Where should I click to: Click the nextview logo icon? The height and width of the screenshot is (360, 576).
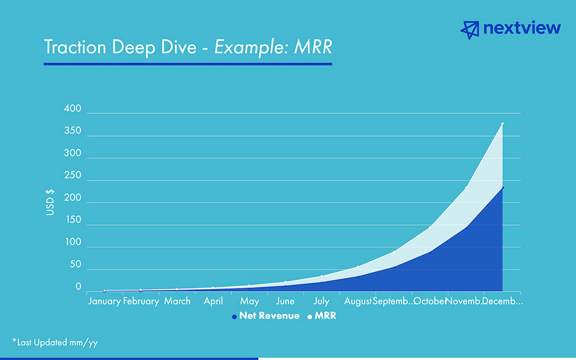[471, 29]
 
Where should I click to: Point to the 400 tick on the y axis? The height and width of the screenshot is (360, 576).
[74, 109]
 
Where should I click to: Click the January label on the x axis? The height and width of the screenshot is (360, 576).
[104, 301]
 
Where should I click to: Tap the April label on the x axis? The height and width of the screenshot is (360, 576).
[213, 301]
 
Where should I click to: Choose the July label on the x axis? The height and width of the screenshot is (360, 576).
[321, 301]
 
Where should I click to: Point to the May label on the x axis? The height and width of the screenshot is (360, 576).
[249, 301]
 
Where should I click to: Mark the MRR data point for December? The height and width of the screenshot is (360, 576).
[502, 124]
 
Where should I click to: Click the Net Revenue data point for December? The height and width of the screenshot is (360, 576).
[502, 187]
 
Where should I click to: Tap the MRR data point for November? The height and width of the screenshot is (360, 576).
[466, 187]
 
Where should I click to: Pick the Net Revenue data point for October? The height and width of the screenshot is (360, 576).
[430, 251]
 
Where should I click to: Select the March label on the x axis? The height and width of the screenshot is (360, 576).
[177, 301]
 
